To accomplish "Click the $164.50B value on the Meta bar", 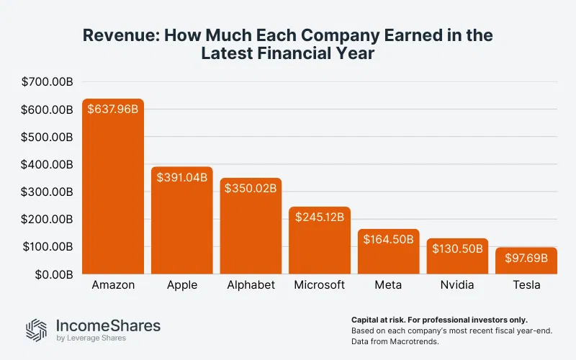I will tap(389, 240).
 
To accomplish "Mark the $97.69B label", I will tap(526, 258).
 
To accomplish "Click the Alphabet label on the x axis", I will tap(251, 285).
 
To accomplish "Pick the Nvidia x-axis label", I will tap(457, 285).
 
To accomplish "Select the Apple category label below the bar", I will tap(181, 285).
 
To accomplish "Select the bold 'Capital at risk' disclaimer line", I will tap(439, 319).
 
